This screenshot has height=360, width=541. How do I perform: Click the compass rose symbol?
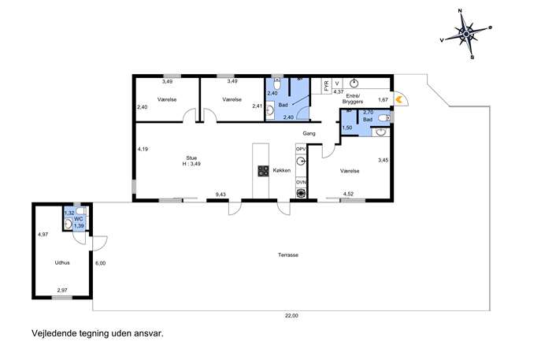[466, 34]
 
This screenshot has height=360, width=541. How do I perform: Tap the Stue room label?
[191, 158]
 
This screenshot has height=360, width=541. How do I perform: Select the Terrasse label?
[288, 255]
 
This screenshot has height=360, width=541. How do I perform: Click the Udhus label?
[62, 262]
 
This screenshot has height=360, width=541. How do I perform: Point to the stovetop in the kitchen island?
[263, 171]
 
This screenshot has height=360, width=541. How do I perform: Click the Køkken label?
[282, 170]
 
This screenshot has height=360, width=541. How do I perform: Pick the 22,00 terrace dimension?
[291, 315]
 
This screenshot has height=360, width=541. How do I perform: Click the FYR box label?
[326, 85]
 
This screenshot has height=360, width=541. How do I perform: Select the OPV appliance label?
[301, 149]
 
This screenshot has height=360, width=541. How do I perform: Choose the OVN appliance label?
[301, 182]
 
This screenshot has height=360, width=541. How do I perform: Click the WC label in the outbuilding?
[79, 219]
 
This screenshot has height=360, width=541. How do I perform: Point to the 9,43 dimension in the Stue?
[220, 195]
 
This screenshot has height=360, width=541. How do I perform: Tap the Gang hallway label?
[309, 133]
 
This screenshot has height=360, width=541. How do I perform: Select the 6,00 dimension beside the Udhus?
[100, 263]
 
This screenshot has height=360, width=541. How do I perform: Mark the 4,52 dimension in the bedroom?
[348, 194]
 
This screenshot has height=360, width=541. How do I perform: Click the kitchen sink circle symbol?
[301, 161]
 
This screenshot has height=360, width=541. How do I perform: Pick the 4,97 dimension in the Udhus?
[43, 235]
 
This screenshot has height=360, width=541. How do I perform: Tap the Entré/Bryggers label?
[353, 98]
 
